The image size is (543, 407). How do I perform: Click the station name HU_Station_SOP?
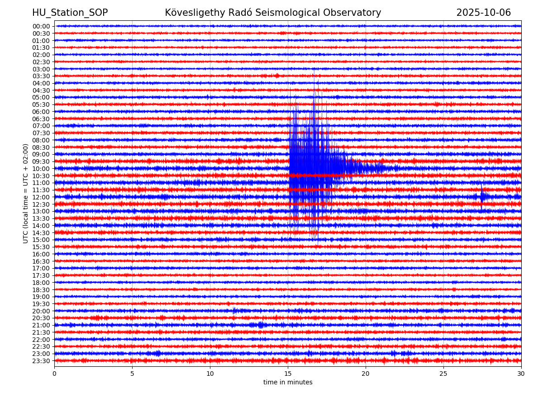point(70,13)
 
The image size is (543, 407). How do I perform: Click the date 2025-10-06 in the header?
point(483,13)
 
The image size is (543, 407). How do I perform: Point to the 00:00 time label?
point(41,26)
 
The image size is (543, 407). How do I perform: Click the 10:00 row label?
point(41,169)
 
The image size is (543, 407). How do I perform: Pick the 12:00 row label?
point(41,197)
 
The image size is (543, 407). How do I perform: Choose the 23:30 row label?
point(41,361)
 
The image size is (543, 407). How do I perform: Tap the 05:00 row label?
point(41,97)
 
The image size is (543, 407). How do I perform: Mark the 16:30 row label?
point(41,261)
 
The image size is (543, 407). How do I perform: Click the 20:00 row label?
point(41,311)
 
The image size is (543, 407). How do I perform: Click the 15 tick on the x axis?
point(288,374)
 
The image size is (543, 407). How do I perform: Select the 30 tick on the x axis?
point(521,374)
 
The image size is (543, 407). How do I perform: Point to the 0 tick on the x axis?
point(54,374)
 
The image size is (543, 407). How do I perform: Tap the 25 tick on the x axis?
point(443,374)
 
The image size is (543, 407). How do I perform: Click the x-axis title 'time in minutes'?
point(288,383)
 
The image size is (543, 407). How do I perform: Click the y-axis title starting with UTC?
point(26,194)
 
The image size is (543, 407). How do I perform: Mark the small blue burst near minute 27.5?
point(483,196)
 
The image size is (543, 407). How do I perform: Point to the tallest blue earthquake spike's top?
point(314,69)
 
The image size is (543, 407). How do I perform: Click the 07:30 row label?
point(41,133)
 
